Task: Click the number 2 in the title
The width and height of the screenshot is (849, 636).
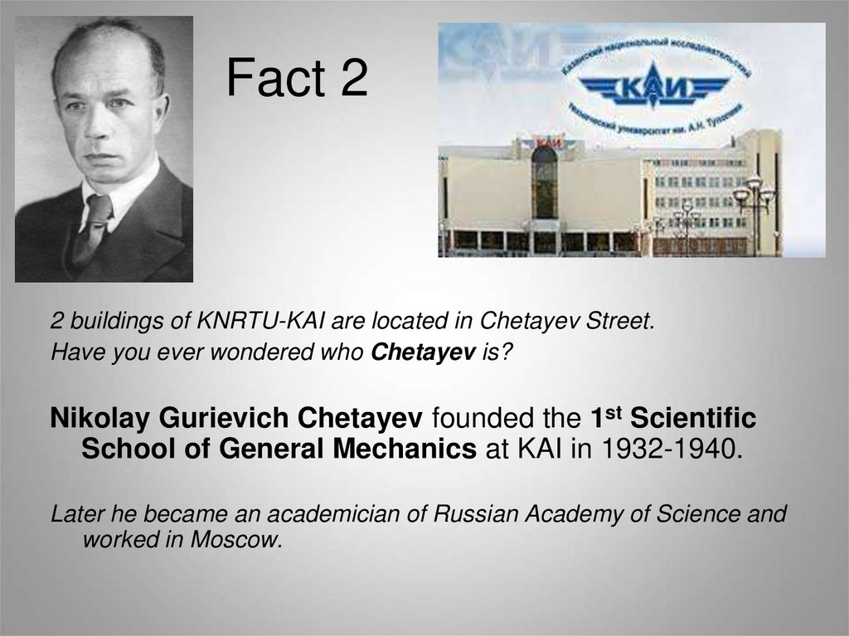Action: (352, 80)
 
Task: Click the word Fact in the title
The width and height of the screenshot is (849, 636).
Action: (274, 80)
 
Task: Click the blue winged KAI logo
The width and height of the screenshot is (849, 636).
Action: (653, 85)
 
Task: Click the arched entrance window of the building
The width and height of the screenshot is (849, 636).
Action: (545, 182)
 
